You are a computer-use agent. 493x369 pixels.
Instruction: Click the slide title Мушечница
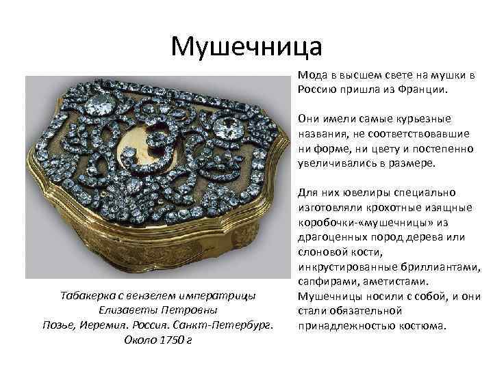click(x=246, y=46)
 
